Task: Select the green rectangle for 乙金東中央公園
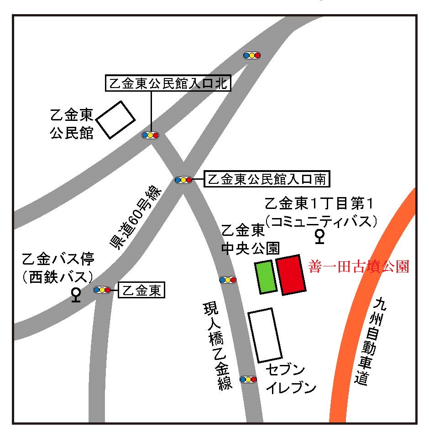[266, 277]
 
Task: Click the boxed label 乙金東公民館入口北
[168, 84]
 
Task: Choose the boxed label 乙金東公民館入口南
[267, 179]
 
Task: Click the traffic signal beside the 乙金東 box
[102, 290]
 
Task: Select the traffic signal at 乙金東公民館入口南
[183, 180]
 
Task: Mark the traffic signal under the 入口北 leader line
[150, 135]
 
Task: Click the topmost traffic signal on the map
[252, 55]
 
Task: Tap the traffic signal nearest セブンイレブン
[248, 379]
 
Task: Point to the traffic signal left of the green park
[228, 280]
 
